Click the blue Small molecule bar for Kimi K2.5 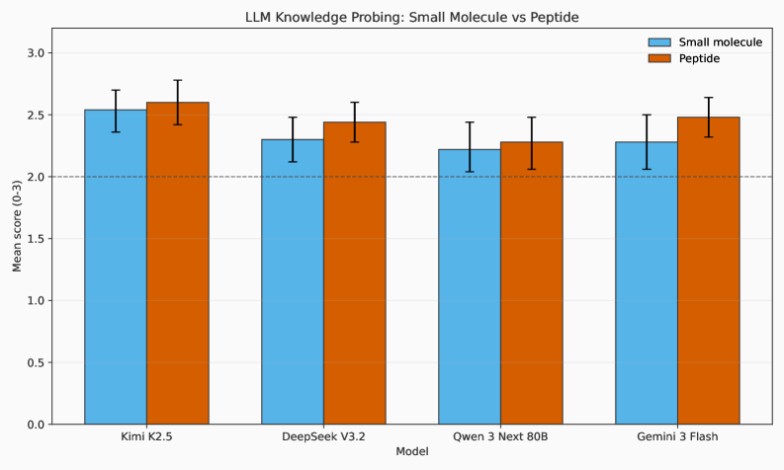pos(116,267)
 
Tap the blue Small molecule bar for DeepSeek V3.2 pos(293,281)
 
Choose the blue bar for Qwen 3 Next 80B pos(470,286)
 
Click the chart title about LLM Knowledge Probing pos(411,17)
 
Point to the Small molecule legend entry pos(704,42)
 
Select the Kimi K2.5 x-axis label pos(146,436)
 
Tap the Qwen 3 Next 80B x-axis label pos(500,436)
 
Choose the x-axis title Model pos(411,452)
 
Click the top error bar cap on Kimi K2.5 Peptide pos(178,80)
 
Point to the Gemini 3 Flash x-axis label pos(677,436)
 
